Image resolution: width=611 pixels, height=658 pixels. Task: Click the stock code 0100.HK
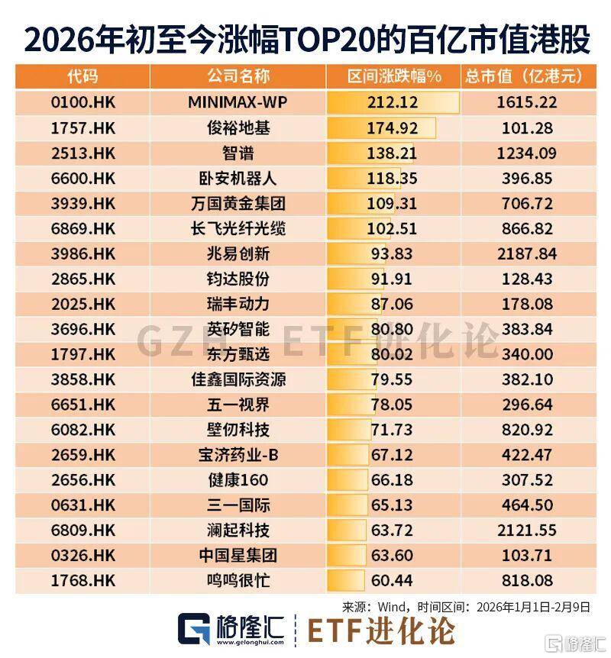pos(83,102)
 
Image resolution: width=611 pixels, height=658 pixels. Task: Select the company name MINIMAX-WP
pos(238,102)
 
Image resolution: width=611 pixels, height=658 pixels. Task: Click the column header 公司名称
pos(238,77)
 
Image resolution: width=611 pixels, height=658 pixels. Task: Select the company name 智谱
pos(238,152)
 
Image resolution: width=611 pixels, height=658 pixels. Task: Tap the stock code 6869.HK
pos(83,227)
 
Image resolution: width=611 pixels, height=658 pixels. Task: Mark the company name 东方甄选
pos(238,354)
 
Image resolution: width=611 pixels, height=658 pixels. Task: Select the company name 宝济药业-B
pos(238,455)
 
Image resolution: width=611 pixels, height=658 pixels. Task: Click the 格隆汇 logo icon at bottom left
pos(193,628)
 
